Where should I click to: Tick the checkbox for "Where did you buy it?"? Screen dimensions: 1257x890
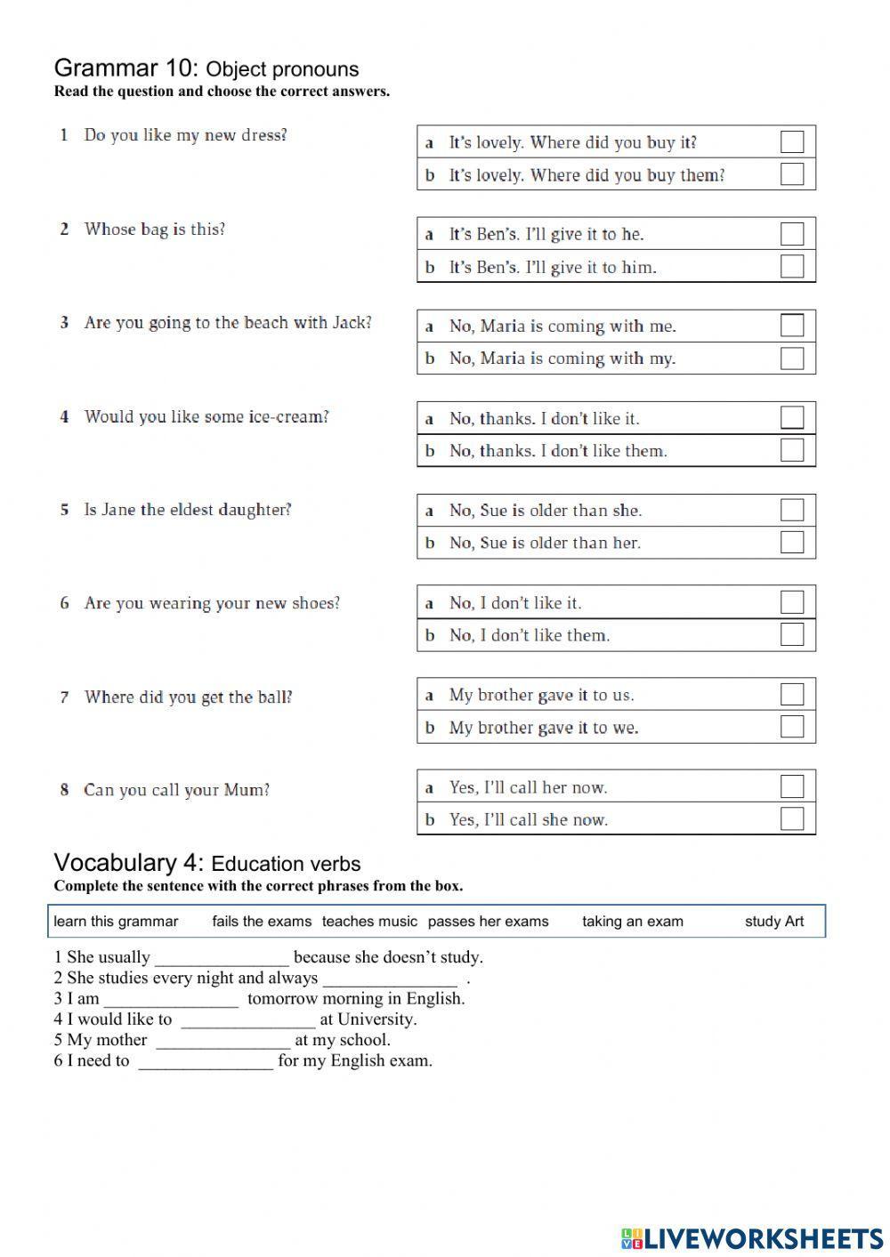[791, 142]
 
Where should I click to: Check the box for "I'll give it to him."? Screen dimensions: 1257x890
[791, 266]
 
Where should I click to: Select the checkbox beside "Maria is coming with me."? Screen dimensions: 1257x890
[791, 326]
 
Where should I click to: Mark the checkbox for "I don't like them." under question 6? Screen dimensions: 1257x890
[791, 634]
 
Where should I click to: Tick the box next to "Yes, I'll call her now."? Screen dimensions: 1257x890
[791, 786]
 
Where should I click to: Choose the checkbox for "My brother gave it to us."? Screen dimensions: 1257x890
[791, 694]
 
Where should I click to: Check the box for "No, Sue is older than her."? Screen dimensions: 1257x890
[791, 542]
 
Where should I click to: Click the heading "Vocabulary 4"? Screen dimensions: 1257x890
[129, 863]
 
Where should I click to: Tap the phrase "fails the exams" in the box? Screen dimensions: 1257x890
[262, 922]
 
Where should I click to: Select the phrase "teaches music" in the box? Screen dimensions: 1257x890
[369, 922]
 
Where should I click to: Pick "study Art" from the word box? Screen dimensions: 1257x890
[773, 922]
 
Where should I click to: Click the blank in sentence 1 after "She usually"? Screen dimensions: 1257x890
[222, 958]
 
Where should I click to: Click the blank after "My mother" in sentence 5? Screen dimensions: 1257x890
[222, 1041]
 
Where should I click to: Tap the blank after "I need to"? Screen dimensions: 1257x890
[205, 1061]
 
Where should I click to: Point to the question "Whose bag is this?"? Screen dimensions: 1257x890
[155, 230]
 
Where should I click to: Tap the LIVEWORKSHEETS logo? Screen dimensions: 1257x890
[752, 1237]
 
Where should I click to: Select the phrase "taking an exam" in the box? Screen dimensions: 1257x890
[633, 922]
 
